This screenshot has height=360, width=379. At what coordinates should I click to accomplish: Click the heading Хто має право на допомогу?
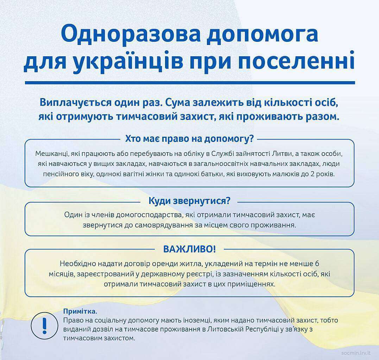tap(189, 139)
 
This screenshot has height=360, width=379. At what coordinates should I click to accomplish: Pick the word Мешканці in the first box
tap(52, 154)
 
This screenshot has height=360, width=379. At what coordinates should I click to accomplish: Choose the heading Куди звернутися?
tap(189, 201)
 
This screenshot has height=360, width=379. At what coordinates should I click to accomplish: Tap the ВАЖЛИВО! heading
tap(189, 249)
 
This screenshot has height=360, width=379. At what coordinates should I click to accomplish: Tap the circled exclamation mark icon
tap(44, 326)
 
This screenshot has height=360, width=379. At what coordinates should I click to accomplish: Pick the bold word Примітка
tap(79, 311)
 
